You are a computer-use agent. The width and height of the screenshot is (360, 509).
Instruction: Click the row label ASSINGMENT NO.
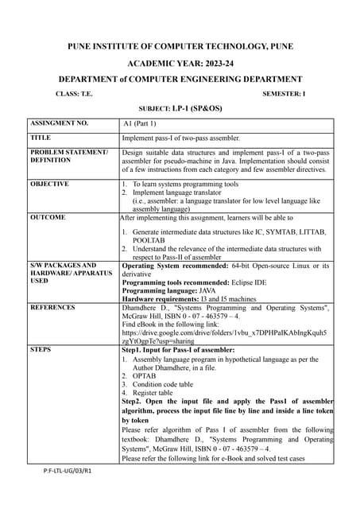point(59,124)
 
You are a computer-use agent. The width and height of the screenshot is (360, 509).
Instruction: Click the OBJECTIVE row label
point(49,184)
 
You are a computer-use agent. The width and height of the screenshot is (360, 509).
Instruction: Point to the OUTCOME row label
point(48,216)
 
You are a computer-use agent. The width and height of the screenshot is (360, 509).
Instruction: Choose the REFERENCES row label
point(52,306)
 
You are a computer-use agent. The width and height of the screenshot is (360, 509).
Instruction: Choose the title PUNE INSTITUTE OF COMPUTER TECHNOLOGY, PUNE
point(180,46)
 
